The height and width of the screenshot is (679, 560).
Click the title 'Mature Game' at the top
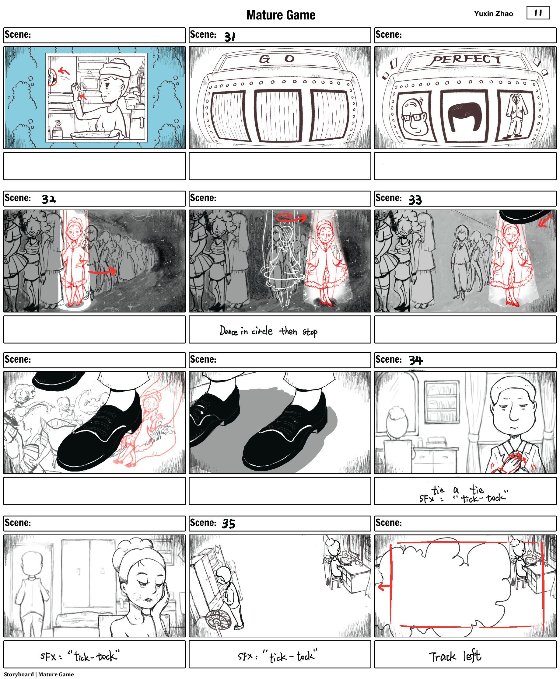[281, 15]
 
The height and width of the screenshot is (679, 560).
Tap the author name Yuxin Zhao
[493, 14]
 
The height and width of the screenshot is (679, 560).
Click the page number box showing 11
[538, 13]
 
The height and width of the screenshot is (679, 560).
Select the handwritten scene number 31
[230, 37]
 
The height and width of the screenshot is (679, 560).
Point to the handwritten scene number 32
[49, 199]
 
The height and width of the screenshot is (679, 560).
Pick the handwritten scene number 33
[415, 200]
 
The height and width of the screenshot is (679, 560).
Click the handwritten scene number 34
[416, 360]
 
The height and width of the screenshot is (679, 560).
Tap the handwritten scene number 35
[229, 524]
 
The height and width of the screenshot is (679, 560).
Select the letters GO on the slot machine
[277, 59]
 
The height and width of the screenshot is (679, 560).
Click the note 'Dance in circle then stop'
[268, 331]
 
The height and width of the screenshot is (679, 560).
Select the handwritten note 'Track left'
[455, 656]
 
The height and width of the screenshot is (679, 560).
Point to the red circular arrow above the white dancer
[291, 218]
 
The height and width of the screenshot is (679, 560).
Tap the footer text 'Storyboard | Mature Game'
[39, 674]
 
